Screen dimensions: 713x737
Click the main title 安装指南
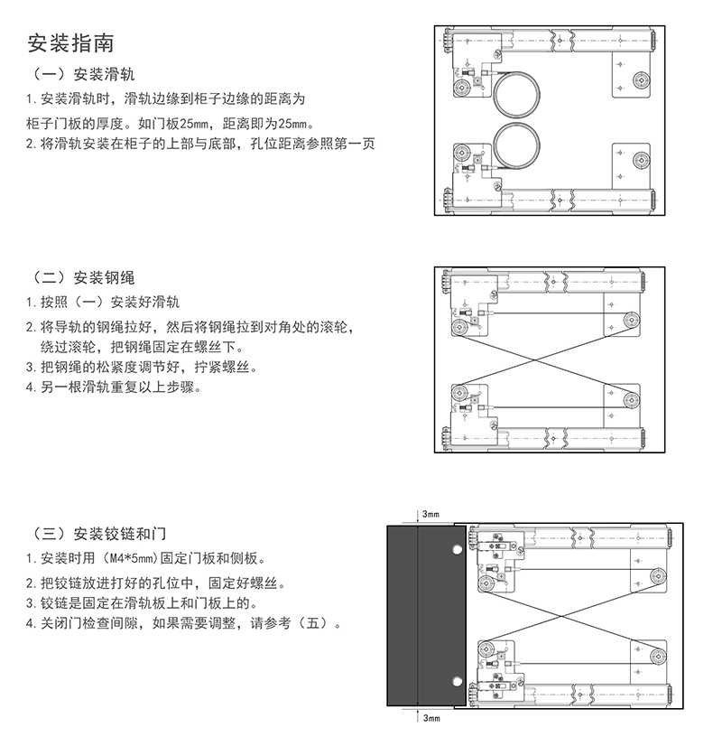click(70, 42)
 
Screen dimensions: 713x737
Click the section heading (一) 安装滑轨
click(88, 74)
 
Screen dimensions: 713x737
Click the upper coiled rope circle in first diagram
click(517, 92)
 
